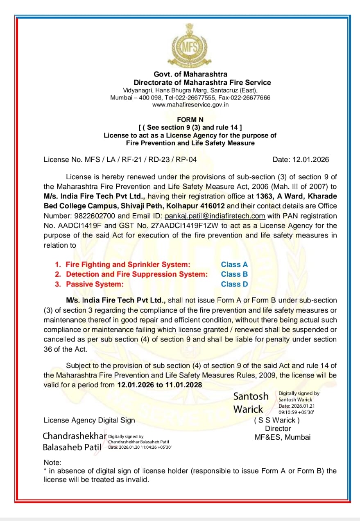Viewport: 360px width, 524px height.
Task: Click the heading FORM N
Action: pos(190,120)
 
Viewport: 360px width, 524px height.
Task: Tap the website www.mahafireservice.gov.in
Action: pos(190,105)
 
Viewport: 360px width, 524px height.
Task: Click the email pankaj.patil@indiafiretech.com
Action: pos(215,216)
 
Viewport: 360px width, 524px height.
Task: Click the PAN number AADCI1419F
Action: pos(90,226)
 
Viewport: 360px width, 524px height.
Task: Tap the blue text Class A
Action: pos(234,265)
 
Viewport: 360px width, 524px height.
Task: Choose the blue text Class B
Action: pos(234,274)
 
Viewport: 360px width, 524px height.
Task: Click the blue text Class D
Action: pos(234,284)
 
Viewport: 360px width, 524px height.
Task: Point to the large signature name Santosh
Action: pos(251,396)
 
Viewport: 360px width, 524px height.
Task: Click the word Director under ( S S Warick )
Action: pos(278,429)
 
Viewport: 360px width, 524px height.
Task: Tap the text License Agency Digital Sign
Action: pos(89,420)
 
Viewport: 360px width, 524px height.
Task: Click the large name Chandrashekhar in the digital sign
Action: pos(75,436)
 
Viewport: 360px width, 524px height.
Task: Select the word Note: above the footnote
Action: pos(52,463)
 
